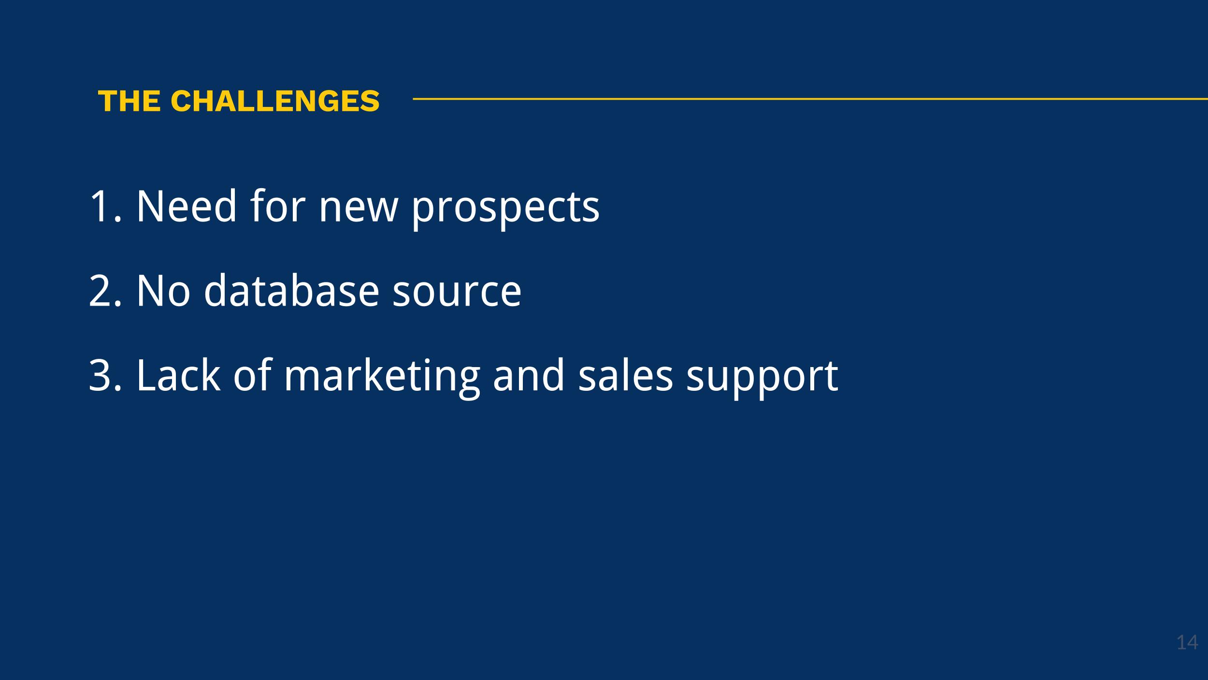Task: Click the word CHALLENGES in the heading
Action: coord(275,101)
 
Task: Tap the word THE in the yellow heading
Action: coord(129,101)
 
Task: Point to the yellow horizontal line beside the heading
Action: coord(810,99)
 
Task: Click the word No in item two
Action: coord(163,291)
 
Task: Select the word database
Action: coord(291,290)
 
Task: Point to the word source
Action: coord(457,295)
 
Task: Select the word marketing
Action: coord(382,378)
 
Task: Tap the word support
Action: coord(762,379)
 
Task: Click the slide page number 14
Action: coord(1187,643)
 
